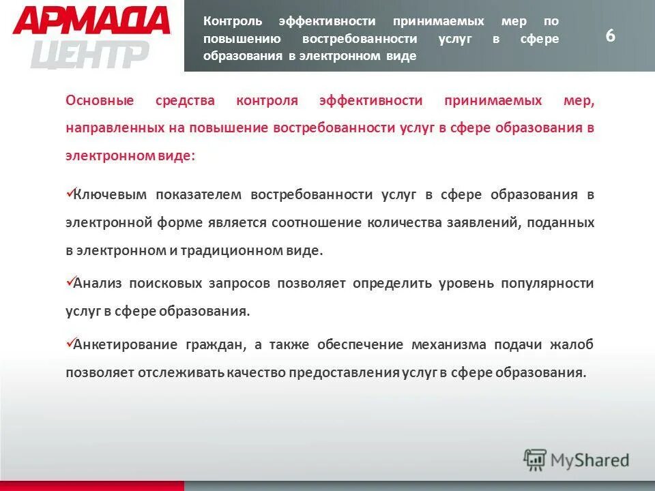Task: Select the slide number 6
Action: (x=610, y=36)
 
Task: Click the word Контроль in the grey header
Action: (x=232, y=21)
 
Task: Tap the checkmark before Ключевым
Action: (x=69, y=193)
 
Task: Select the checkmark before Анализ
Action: (x=69, y=282)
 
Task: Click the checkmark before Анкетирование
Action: (x=69, y=343)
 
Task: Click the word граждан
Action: (x=214, y=345)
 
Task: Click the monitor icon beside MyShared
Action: (x=535, y=460)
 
